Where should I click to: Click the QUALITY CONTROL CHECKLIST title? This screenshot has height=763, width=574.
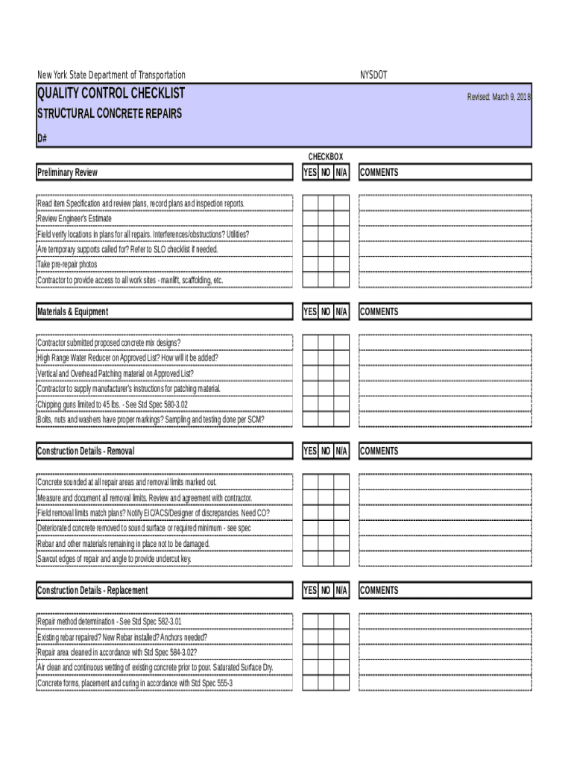point(111,94)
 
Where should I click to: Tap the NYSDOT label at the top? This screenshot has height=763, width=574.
point(373,75)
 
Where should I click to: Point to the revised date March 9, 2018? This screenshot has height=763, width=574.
point(499,97)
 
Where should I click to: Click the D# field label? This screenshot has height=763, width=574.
point(42,139)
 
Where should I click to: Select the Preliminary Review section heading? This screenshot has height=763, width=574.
point(67,173)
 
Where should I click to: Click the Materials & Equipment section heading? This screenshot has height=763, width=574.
point(72,312)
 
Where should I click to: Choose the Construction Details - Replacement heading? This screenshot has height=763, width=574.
point(92,591)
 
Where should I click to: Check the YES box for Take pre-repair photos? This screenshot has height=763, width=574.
point(309,265)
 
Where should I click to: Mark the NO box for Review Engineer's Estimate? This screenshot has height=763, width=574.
point(326,218)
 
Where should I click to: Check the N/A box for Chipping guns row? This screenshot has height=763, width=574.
point(341,404)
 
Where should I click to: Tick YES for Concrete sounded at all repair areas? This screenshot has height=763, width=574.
point(309,481)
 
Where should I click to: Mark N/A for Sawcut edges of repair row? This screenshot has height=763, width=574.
point(341,559)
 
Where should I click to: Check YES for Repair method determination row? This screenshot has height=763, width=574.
point(309,621)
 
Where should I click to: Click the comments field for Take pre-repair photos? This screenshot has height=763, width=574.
point(445,265)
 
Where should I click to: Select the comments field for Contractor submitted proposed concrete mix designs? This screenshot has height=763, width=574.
point(445,342)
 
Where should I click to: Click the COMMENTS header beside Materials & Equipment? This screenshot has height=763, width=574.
point(379,312)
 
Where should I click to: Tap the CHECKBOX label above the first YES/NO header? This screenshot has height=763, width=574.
point(326,156)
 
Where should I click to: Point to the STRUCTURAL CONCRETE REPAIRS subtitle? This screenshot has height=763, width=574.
point(109,114)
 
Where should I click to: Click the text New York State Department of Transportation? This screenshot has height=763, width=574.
point(111,75)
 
